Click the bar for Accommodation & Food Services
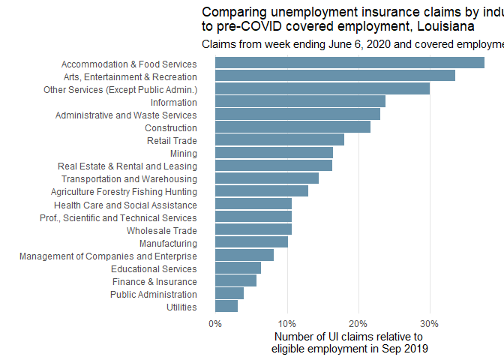click(x=349, y=63)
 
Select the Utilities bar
click(x=226, y=306)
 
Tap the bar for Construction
click(x=292, y=127)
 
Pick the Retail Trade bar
click(x=280, y=139)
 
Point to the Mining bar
click(x=274, y=152)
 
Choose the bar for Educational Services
click(x=238, y=268)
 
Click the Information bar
click(x=300, y=101)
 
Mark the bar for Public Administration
click(x=229, y=293)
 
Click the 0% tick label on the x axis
click(x=215, y=323)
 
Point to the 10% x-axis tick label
click(x=286, y=323)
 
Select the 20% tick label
click(x=358, y=323)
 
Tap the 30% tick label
click(x=429, y=323)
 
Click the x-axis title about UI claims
click(x=349, y=343)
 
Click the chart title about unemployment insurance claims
click(x=352, y=19)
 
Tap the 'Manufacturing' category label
click(x=168, y=243)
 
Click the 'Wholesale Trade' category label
click(x=161, y=230)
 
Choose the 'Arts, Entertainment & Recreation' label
click(x=129, y=76)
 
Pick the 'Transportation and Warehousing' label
click(x=129, y=178)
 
